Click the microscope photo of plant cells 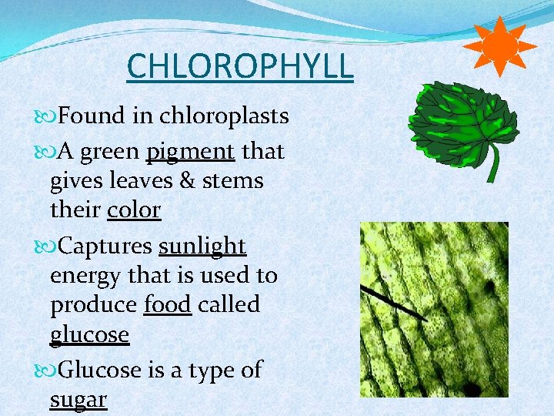434,309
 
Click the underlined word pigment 190,152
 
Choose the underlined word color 134,210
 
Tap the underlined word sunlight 202,247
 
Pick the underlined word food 167,305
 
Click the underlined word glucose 89,335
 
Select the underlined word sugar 78,399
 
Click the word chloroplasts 224,116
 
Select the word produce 93,305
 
